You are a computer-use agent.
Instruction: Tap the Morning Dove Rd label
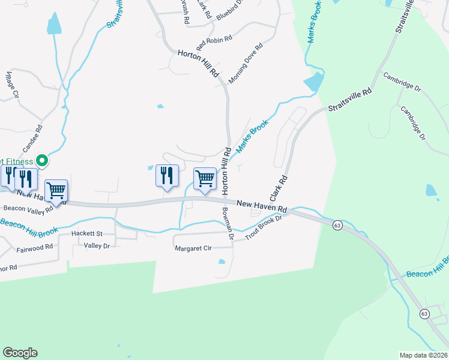[246, 63]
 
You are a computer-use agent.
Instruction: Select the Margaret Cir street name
[193, 248]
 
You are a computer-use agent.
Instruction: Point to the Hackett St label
[87, 233]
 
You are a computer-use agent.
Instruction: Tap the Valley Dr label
[97, 246]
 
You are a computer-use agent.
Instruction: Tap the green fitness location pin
[41, 160]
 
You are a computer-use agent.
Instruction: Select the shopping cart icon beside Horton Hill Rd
[205, 179]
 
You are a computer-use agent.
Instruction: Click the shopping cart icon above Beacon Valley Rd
[56, 191]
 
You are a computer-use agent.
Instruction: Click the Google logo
[20, 353]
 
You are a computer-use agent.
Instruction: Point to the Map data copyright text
[423, 355]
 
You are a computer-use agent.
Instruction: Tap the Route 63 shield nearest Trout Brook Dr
[337, 225]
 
